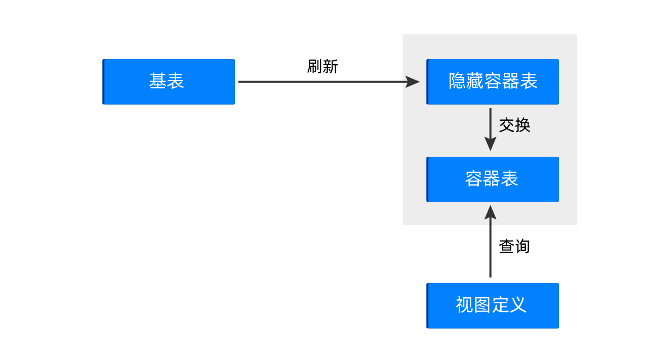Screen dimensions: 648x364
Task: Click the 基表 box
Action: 169,82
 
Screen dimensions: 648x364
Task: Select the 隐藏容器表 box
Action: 493,82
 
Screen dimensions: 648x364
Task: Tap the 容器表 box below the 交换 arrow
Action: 493,179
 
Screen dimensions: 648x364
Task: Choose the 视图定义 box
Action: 493,306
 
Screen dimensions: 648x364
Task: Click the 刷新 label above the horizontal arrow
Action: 322,67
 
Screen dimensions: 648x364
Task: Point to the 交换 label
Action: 515,125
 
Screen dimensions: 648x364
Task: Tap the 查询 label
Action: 515,246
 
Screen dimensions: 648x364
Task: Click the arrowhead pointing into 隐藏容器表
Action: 413,82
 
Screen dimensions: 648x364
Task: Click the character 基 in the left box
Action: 157,81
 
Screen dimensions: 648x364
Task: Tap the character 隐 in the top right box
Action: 457,81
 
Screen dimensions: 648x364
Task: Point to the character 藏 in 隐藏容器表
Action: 475,81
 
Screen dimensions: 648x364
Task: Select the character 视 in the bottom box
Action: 465,305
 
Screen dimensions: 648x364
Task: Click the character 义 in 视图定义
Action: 518,305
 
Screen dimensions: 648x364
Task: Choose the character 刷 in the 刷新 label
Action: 315,67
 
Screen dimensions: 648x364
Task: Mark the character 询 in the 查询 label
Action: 522,246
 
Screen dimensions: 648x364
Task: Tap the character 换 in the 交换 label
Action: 523,125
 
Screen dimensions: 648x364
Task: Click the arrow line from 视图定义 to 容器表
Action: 491,241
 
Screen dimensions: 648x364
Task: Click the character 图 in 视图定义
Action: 482,305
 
